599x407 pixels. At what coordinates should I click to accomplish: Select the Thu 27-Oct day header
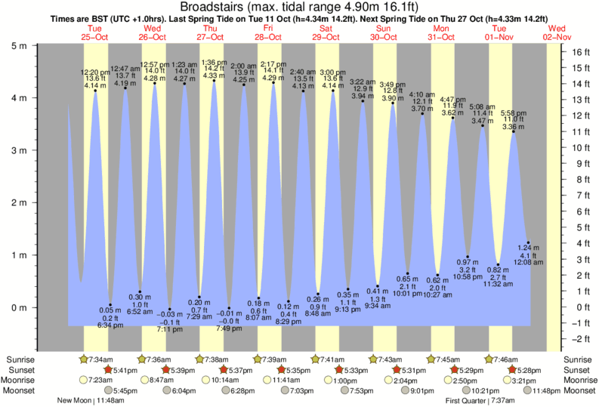tap(211, 32)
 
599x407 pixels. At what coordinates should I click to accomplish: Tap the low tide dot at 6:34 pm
tap(110, 304)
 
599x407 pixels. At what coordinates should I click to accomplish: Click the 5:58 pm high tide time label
tap(513, 113)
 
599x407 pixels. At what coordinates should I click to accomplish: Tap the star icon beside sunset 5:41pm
tap(107, 370)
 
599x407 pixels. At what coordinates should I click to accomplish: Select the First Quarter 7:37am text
tap(479, 401)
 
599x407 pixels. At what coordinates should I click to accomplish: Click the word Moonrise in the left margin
tap(20, 381)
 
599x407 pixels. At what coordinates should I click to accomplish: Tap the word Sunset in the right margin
tap(576, 370)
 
